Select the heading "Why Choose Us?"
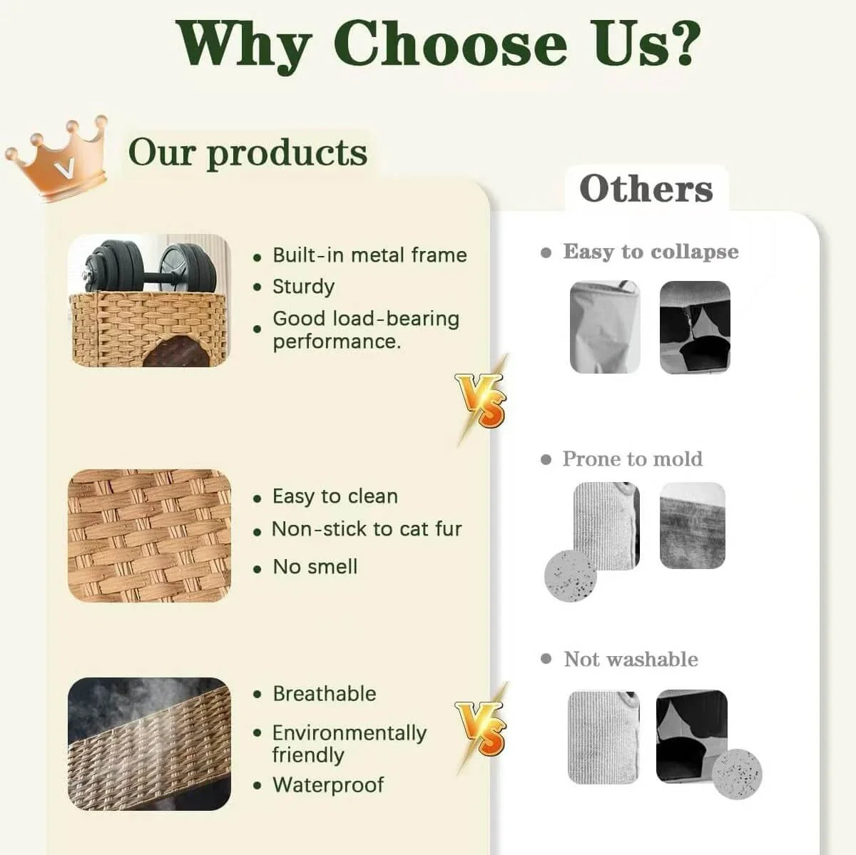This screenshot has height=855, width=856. click(437, 44)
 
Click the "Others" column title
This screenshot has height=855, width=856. click(646, 189)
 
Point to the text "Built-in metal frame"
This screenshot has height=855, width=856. click(370, 255)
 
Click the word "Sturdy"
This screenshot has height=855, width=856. click(303, 287)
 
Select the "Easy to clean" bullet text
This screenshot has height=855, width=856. click(335, 496)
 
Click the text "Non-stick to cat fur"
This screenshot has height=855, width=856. click(367, 529)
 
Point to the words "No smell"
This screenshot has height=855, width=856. click(315, 567)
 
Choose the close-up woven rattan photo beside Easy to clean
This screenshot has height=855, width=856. click(150, 535)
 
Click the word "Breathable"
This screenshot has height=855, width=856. click(324, 694)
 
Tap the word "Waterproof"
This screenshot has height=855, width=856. click(328, 785)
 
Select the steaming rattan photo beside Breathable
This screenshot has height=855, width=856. click(150, 744)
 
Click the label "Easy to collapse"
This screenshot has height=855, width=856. click(651, 252)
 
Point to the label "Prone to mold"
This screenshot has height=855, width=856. click(632, 459)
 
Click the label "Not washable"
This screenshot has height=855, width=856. click(631, 660)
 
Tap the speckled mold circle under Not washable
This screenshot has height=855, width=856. click(738, 775)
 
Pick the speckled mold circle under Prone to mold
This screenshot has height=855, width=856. click(570, 575)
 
